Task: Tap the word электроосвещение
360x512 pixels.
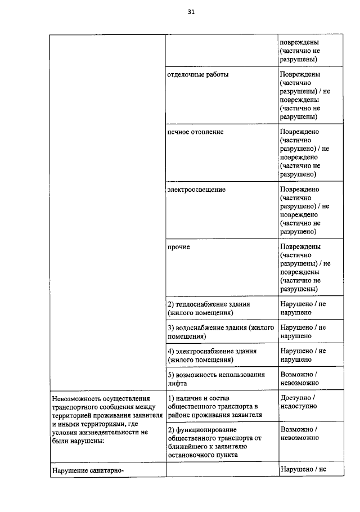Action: [x=196, y=190]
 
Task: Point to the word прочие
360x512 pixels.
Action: [x=178, y=247]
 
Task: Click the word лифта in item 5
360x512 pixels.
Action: [x=178, y=383]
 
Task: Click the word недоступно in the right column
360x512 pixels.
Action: [x=298, y=406]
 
